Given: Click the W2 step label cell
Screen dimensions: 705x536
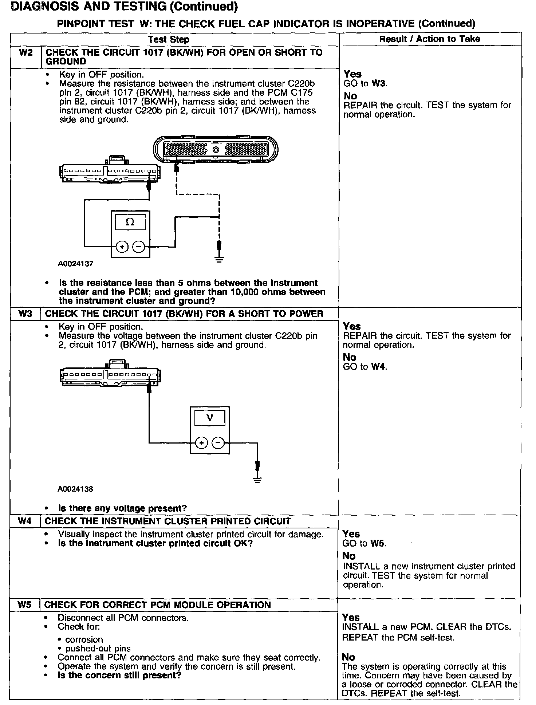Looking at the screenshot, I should click(25, 53).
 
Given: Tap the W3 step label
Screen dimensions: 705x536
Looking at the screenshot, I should click(25, 314).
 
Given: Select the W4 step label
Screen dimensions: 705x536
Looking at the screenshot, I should click(24, 521).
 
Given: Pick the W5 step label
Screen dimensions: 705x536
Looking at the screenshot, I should click(24, 605).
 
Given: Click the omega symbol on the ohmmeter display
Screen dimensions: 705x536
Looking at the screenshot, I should click(130, 222).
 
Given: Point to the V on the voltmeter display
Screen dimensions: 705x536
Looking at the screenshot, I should click(209, 418).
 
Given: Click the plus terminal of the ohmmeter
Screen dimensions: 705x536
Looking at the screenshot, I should click(122, 247).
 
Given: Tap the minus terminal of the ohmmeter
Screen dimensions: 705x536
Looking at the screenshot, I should click(138, 247).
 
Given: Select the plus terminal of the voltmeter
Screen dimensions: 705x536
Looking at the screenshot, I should click(201, 443).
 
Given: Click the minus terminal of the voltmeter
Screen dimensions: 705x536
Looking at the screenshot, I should click(218, 443).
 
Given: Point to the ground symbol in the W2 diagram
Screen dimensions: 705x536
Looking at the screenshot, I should click(219, 259).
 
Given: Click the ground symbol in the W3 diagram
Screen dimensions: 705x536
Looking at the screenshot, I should click(257, 480).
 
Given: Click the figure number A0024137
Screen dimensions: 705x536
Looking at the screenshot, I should click(75, 264).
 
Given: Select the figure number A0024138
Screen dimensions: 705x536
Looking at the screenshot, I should click(75, 489).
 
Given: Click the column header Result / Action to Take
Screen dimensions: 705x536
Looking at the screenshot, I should click(429, 39).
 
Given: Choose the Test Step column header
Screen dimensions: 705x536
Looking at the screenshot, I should click(169, 39).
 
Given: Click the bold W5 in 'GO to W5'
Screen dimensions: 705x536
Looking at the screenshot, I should click(378, 544).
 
